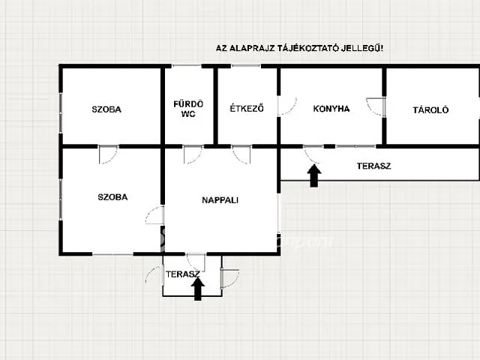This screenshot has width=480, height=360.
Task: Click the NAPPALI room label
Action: tap(220, 200)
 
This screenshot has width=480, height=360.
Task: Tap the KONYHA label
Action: tap(331, 109)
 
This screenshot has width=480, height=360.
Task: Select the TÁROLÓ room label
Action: tap(430, 109)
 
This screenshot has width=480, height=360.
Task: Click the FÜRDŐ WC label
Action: tap(188, 109)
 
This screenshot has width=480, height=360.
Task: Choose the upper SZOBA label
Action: tap(107, 109)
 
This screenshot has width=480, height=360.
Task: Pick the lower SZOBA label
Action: tap(112, 197)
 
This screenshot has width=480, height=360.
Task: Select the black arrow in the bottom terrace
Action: tap(199, 289)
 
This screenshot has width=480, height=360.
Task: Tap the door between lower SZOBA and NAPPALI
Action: tap(156, 215)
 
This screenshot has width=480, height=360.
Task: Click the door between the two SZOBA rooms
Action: tap(108, 154)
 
